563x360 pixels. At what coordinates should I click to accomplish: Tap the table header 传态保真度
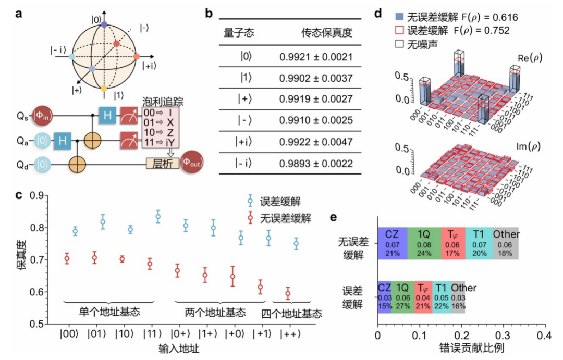pyautogui.click(x=326, y=33)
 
